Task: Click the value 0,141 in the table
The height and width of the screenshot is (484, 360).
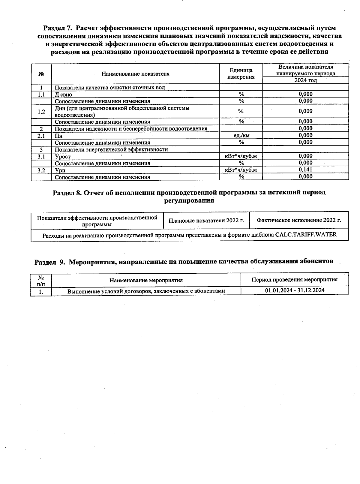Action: pyautogui.click(x=305, y=170)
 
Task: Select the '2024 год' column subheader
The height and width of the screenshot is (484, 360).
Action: pyautogui.click(x=305, y=80)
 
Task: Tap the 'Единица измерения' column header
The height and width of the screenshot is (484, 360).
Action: pyautogui.click(x=241, y=74)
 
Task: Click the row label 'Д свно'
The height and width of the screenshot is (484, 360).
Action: pyautogui.click(x=63, y=95)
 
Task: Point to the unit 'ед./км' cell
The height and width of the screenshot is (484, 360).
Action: pyautogui.click(x=241, y=135)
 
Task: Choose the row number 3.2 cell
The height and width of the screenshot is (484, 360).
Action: pyautogui.click(x=41, y=170)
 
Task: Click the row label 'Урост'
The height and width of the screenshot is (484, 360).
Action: pyautogui.click(x=63, y=156)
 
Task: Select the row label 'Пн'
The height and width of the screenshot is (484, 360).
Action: pyautogui.click(x=58, y=136)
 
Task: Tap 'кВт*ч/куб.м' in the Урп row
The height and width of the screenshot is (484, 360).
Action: pyautogui.click(x=241, y=170)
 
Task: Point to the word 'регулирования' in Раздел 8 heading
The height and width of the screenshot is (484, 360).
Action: pyautogui.click(x=189, y=200)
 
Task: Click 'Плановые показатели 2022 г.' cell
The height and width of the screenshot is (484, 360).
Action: pyautogui.click(x=206, y=221)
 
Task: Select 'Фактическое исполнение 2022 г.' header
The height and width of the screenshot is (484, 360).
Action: pyautogui.click(x=299, y=220)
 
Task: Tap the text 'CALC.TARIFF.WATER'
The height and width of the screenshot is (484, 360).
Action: pyautogui.click(x=306, y=235)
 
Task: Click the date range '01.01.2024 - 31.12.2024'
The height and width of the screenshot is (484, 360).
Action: pyautogui.click(x=295, y=290)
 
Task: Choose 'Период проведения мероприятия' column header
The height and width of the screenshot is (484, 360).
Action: pyautogui.click(x=294, y=280)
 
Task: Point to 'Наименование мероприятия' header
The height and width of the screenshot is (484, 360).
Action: pyautogui.click(x=146, y=280)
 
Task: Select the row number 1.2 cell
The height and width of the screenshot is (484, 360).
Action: pyautogui.click(x=41, y=112)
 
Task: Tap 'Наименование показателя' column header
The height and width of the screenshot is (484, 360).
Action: pyautogui.click(x=135, y=74)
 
